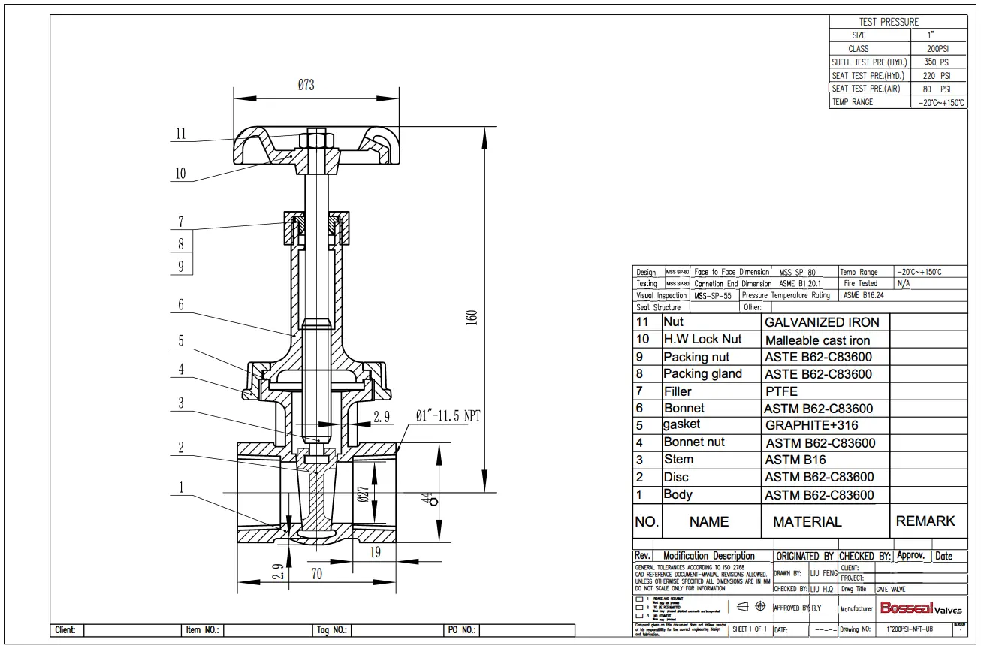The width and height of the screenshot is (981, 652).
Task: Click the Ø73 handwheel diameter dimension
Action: (x=306, y=85)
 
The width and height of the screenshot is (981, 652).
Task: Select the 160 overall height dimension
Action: (x=471, y=317)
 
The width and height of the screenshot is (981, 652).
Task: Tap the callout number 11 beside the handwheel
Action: (x=180, y=134)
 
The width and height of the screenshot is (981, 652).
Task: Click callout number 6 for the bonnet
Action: (x=180, y=305)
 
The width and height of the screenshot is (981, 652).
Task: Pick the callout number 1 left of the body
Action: (x=180, y=487)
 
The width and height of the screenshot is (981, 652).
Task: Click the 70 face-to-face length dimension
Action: (x=316, y=574)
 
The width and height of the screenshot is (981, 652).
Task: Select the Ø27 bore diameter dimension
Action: (x=363, y=494)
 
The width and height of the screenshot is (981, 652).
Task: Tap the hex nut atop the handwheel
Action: (x=316, y=139)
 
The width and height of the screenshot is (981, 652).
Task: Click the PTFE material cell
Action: (x=781, y=391)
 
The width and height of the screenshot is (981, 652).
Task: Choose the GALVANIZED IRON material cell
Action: (x=821, y=322)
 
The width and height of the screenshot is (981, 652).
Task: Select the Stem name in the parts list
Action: (x=678, y=460)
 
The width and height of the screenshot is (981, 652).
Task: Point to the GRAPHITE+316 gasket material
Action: (x=811, y=425)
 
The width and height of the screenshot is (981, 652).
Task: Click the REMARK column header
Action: (x=925, y=521)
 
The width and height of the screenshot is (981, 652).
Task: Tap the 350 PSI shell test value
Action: (x=937, y=62)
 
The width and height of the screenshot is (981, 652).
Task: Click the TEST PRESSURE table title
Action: (x=889, y=22)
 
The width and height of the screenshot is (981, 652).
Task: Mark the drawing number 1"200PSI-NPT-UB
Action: (x=910, y=629)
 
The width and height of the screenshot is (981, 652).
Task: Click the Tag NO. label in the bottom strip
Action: (x=330, y=630)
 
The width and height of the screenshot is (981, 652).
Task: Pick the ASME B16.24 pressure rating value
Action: (x=863, y=295)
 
